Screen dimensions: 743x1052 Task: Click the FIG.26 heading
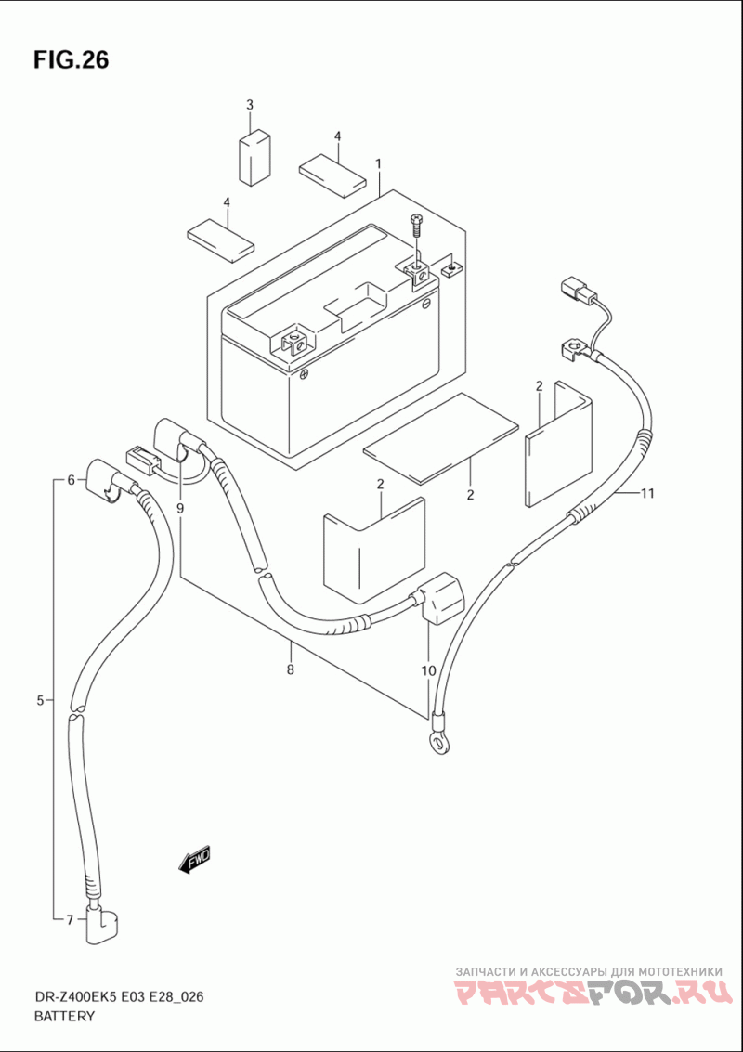[71, 60]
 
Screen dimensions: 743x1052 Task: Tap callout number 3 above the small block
[250, 105]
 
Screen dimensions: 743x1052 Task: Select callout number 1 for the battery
[379, 163]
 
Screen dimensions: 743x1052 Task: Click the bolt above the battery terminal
[415, 227]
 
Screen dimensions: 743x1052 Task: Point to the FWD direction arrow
[195, 860]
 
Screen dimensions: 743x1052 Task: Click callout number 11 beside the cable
[647, 495]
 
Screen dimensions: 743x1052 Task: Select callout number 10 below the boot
[428, 669]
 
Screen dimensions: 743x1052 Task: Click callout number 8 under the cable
[290, 669]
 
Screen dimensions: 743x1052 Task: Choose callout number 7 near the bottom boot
[69, 920]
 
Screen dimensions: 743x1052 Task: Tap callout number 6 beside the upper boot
[70, 480]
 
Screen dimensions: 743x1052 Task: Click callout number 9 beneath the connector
[180, 509]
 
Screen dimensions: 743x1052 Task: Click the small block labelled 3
[255, 159]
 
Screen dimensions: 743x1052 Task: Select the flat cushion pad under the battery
[441, 437]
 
